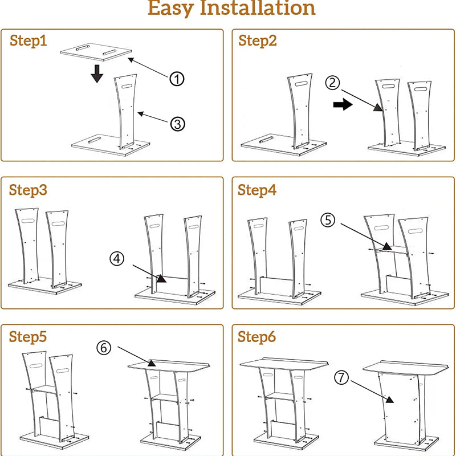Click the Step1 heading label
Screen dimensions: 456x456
click(28, 41)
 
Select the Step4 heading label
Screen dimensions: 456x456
click(257, 190)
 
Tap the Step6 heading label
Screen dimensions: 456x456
click(257, 337)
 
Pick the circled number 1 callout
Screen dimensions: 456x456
click(177, 79)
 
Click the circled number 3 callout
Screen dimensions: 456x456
click(177, 123)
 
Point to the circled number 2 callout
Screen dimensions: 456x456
click(333, 83)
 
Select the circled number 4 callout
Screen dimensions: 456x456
click(117, 258)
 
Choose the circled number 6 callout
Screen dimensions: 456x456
click(104, 347)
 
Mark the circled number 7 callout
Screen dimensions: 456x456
click(341, 377)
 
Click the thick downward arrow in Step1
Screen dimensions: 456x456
click(97, 73)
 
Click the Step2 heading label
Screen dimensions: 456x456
click(257, 41)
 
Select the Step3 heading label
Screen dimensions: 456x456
click(28, 190)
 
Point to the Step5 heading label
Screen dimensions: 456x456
click(28, 337)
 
